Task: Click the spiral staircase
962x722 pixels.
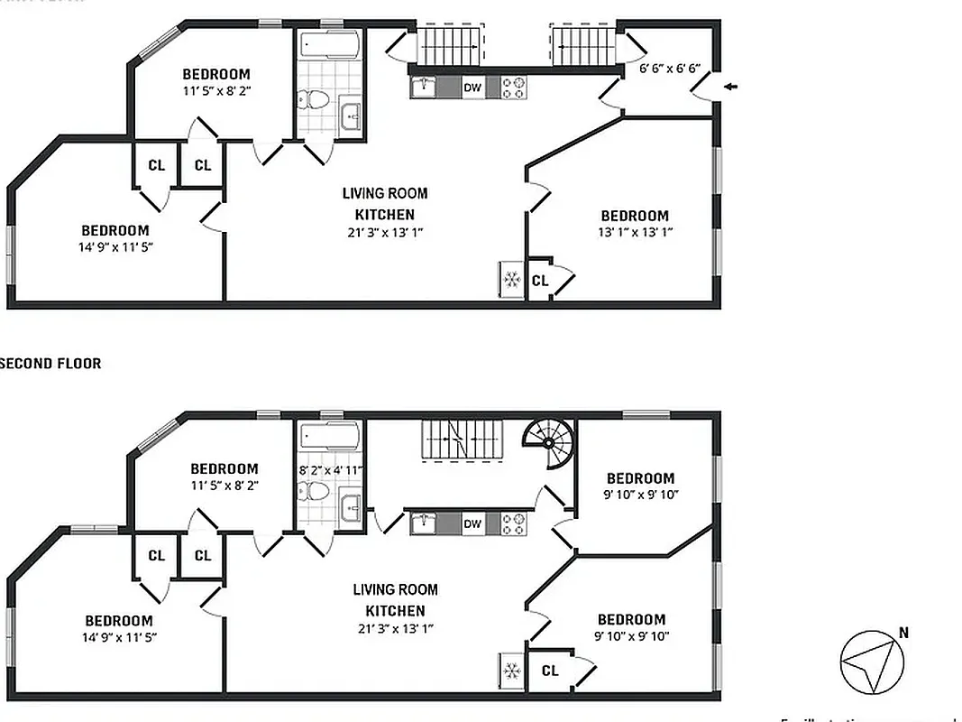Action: pos(549,443)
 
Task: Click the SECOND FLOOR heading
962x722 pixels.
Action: pos(50,364)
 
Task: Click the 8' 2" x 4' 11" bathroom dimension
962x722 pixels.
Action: pos(329,470)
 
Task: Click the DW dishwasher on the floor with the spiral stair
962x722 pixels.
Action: pos(472,523)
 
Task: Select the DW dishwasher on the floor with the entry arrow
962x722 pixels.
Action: pos(472,88)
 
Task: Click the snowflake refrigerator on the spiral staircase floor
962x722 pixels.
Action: pos(511,671)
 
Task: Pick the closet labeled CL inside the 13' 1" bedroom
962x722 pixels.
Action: pos(540,281)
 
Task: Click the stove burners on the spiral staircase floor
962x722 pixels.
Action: pos(513,523)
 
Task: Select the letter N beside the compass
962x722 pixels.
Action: pos(902,633)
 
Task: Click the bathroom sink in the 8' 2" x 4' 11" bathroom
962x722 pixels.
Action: pos(351,507)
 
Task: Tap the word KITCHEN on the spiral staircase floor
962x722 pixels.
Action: pos(395,611)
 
